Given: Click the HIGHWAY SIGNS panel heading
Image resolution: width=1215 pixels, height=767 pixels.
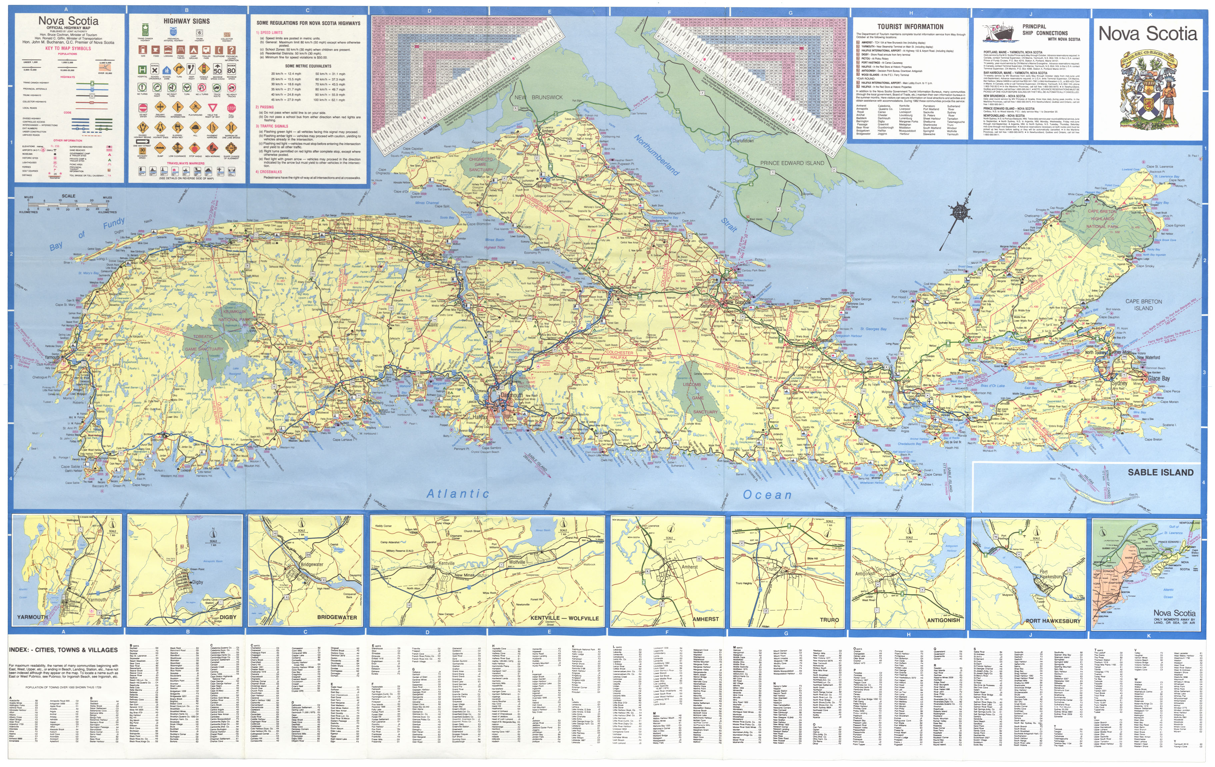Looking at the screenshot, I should (x=186, y=21).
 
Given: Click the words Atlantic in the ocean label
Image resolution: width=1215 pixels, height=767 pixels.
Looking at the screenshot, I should (x=458, y=493).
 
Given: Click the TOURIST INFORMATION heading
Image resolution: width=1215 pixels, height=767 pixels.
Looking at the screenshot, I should (x=910, y=27).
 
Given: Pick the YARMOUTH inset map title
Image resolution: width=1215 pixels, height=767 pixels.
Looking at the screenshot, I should (x=32, y=617).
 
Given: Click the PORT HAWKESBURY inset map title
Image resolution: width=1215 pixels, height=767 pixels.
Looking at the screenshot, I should (x=1053, y=621).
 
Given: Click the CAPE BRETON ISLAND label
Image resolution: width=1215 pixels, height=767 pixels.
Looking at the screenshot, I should (x=1143, y=305).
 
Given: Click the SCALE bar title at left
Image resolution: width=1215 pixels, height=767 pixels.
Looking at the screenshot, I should (x=69, y=196).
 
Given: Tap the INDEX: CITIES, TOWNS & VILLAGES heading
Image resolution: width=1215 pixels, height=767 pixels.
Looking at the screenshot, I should (x=63, y=650).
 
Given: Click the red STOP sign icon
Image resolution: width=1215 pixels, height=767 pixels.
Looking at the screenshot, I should (x=231, y=108).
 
